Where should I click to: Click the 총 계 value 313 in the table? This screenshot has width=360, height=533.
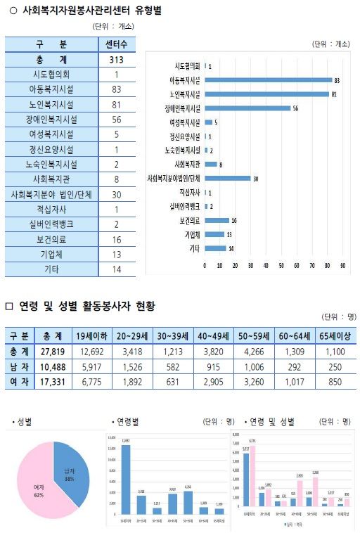(x=116, y=60)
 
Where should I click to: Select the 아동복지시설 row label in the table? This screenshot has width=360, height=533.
(x=51, y=89)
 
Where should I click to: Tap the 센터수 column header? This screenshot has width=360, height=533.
(x=116, y=44)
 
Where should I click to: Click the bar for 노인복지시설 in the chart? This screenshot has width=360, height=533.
(x=266, y=94)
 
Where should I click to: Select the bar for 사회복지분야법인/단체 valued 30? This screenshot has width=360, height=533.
(x=227, y=178)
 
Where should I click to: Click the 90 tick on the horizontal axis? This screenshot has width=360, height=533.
(x=342, y=266)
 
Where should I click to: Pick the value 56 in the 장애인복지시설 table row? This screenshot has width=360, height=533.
(x=116, y=120)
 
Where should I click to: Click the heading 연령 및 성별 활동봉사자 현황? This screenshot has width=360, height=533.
(x=85, y=306)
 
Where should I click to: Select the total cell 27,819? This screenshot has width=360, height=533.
(x=53, y=351)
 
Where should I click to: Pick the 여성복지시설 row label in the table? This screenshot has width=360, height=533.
(x=51, y=134)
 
